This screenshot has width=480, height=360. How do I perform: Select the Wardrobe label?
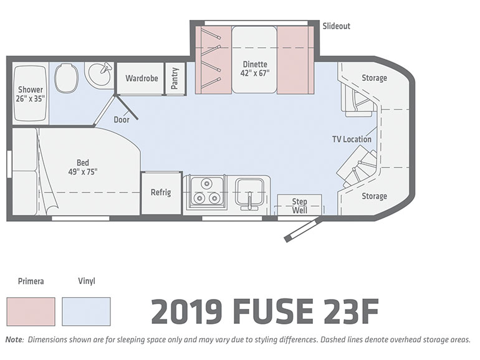point(142,78)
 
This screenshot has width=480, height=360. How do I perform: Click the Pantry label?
point(175,78)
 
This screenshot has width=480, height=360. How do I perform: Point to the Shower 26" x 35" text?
point(31,94)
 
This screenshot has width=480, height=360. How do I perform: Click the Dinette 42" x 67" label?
point(255,69)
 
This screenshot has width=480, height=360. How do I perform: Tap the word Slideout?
point(337,26)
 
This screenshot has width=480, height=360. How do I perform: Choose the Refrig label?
point(161,192)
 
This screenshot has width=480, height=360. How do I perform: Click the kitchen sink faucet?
point(250,201)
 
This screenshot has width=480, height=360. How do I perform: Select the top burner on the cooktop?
point(206,184)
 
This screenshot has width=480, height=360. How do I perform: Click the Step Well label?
point(299,206)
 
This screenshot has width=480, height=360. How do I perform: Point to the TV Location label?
point(352,140)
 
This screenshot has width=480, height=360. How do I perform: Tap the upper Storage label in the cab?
point(375,78)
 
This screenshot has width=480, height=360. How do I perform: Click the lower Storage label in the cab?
point(375,196)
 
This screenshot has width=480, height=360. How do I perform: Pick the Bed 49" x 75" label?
point(83,168)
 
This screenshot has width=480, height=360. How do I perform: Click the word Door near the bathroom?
point(122,120)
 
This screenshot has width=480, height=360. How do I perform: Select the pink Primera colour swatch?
point(31,311)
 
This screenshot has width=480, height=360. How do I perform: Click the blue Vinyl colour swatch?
point(86,311)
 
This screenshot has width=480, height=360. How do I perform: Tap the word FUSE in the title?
point(274,311)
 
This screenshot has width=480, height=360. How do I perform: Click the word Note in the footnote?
point(14,339)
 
